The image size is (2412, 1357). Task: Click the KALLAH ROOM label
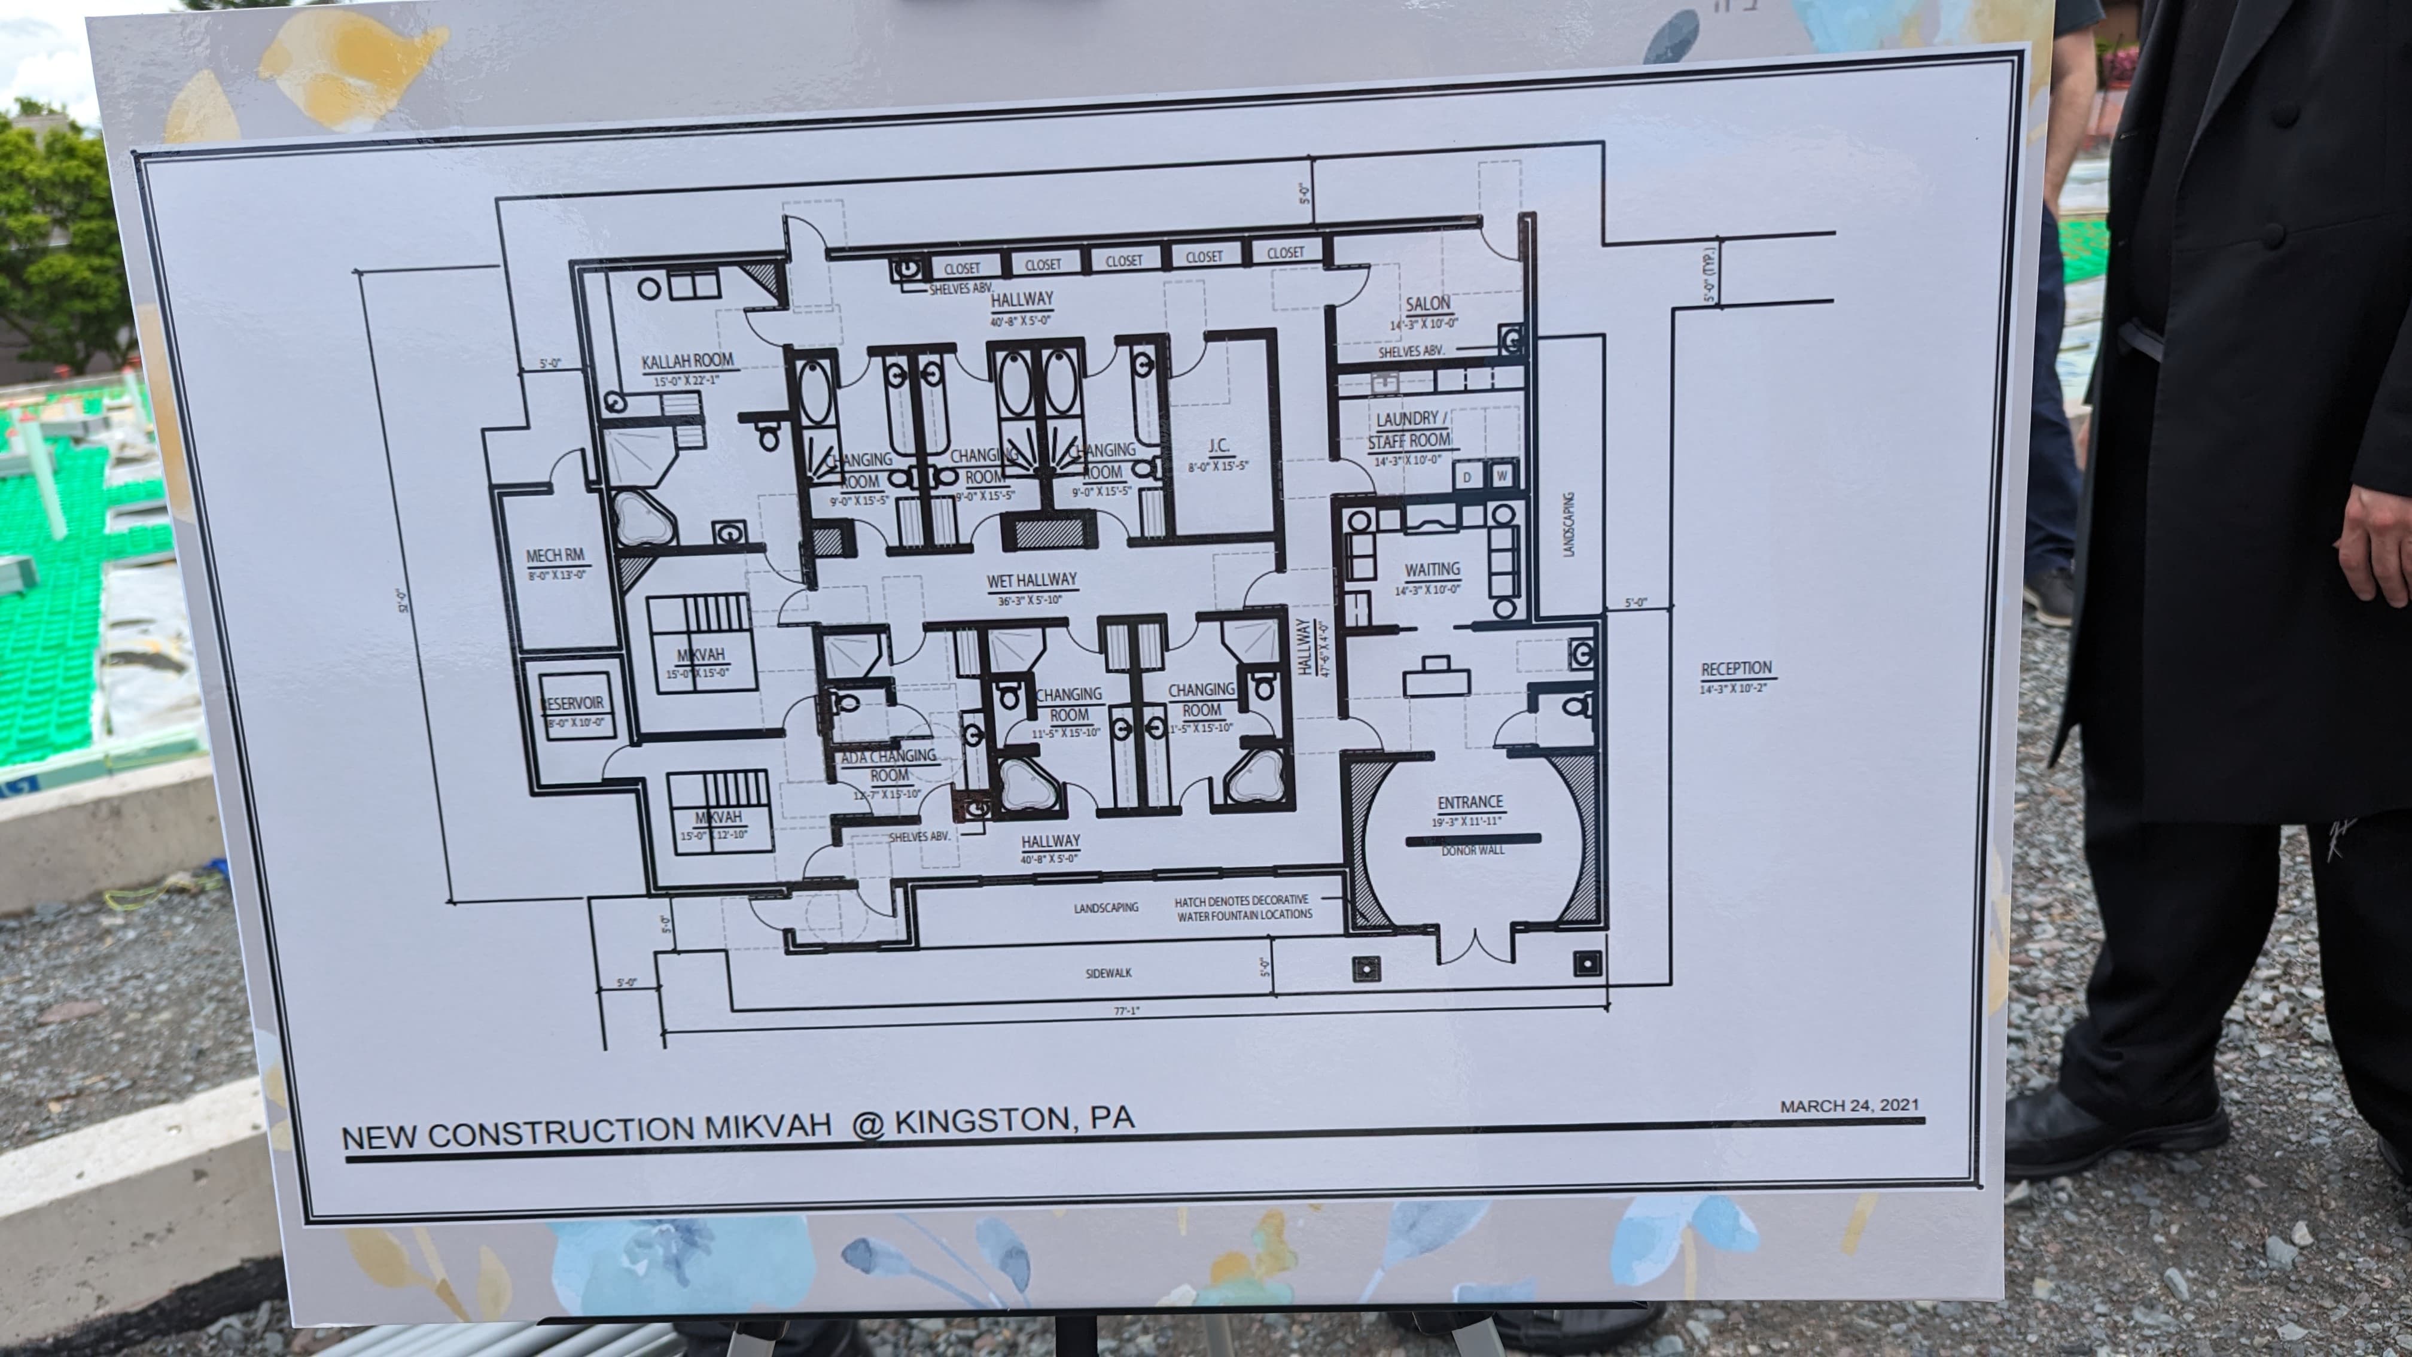click(x=687, y=361)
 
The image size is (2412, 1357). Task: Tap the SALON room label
click(x=1427, y=303)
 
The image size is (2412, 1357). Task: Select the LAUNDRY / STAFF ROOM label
click(x=1408, y=430)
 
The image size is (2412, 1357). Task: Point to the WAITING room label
click(x=1432, y=570)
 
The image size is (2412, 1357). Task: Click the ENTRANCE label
click(x=1470, y=802)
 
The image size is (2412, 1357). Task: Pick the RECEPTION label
click(x=1736, y=669)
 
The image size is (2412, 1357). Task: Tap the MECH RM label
click(x=555, y=556)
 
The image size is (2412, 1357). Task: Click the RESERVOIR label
click(x=574, y=703)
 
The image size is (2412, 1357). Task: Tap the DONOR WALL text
click(x=1473, y=850)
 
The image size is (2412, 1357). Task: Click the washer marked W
click(x=1502, y=476)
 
